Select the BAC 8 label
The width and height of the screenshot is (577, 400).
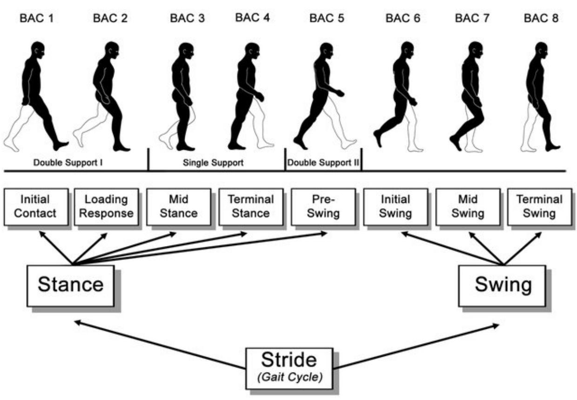click(x=541, y=19)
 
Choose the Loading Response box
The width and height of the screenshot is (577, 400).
click(x=106, y=207)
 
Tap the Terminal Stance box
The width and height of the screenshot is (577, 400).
click(x=251, y=207)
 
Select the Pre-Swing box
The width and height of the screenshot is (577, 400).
click(x=323, y=207)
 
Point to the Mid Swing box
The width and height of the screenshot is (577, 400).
click(x=468, y=207)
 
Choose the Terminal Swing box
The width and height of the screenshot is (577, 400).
click(x=540, y=207)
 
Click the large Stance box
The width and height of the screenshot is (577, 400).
click(x=70, y=285)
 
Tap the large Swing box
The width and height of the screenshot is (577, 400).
click(x=503, y=285)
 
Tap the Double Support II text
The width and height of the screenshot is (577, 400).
click(x=323, y=163)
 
